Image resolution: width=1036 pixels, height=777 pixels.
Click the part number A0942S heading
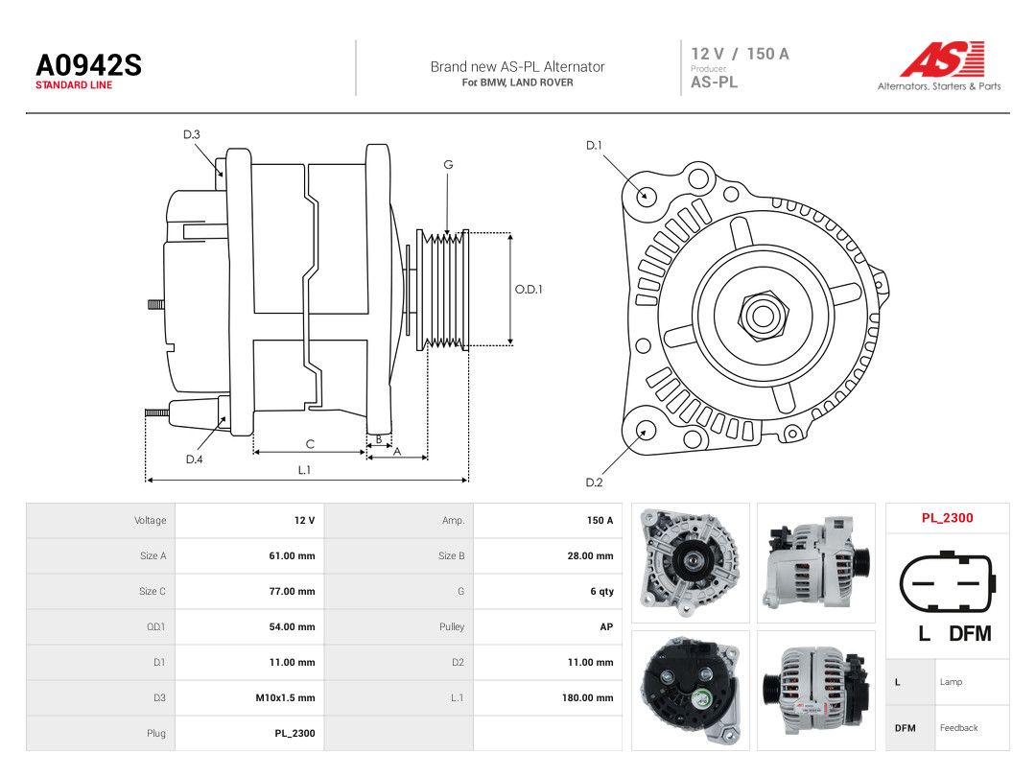[x=88, y=65]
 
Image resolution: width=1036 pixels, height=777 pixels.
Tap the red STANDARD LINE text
[x=74, y=85]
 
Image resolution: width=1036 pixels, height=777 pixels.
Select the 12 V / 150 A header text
[x=740, y=54]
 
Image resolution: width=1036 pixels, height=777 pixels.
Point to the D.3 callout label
[x=192, y=135]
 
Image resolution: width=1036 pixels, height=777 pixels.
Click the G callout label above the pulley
[x=448, y=165]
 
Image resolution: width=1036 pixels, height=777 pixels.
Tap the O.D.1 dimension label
[x=529, y=290]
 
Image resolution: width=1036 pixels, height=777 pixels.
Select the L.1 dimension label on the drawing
[x=304, y=470]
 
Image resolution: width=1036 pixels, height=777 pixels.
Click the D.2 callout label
[x=594, y=483]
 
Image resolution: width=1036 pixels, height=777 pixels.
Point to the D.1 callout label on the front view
[x=594, y=146]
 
